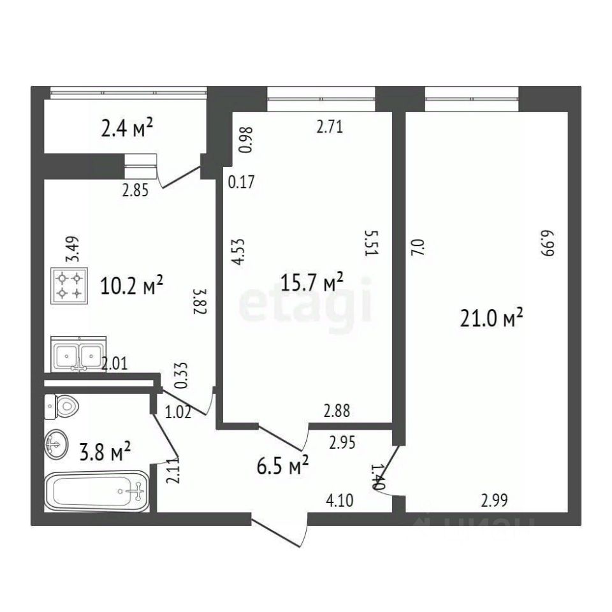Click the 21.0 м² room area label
tap(492, 317)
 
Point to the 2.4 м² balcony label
tap(127, 131)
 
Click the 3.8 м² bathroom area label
tap(105, 453)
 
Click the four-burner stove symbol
tap(68, 285)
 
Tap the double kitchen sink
tap(78, 354)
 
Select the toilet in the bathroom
tap(61, 405)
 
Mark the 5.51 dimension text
tap(368, 243)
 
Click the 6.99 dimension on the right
tap(546, 243)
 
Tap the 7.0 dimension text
tap(419, 247)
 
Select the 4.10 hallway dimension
tap(340, 501)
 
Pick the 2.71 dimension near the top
tap(330, 127)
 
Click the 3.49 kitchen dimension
tap(75, 249)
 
